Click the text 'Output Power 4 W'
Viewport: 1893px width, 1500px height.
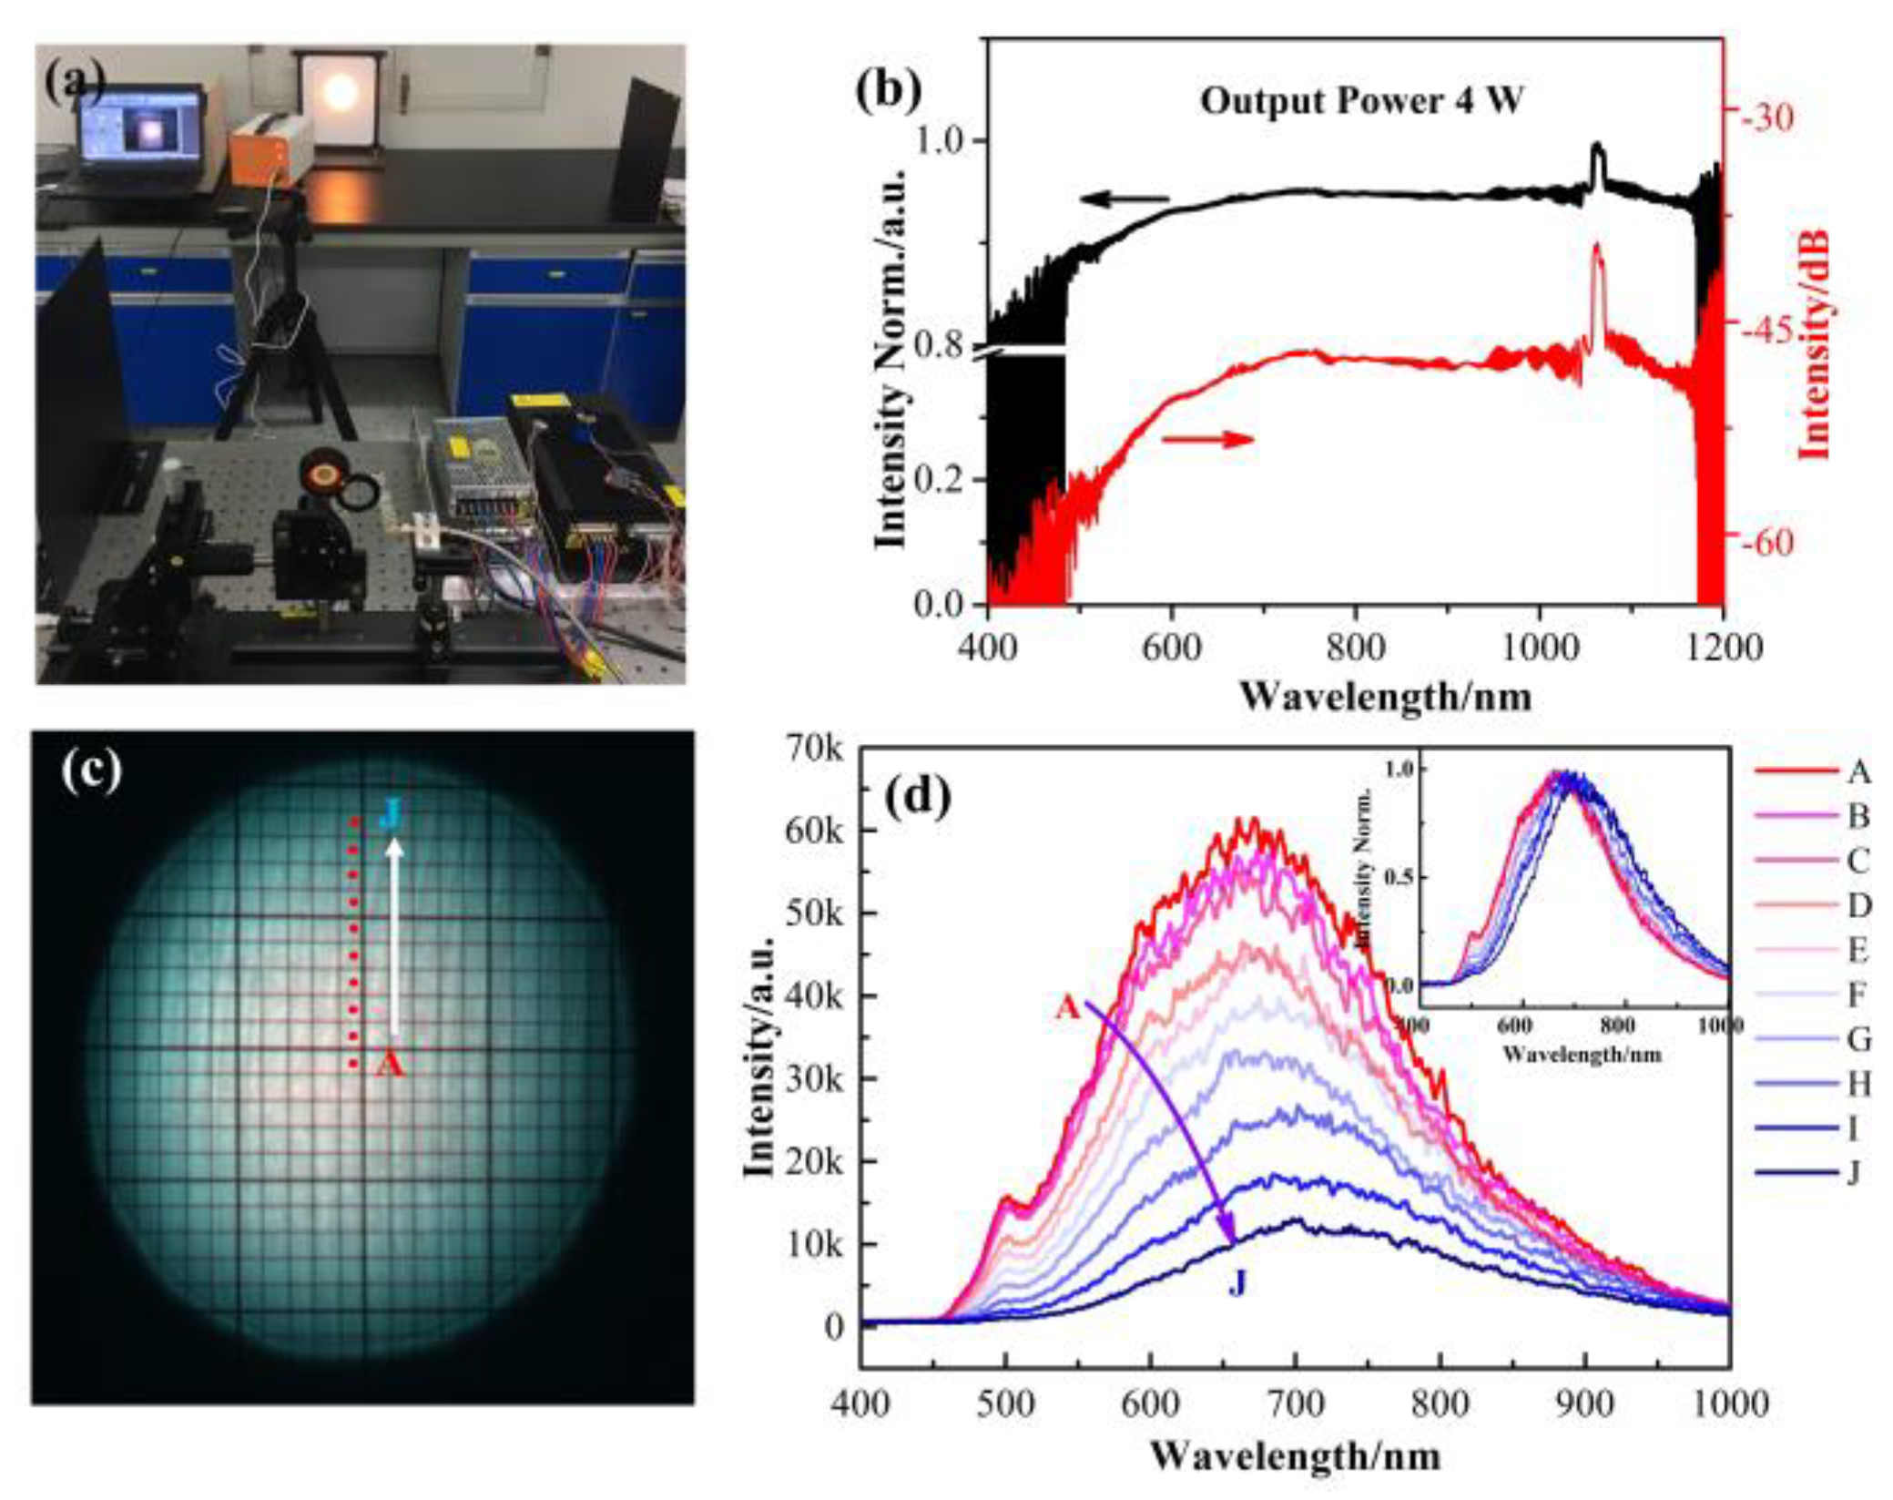tap(1360, 100)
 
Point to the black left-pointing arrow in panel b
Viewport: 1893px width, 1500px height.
tap(1124, 199)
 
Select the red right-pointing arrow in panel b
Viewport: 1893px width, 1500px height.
tap(1207, 440)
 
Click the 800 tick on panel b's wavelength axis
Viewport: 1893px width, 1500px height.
tap(1355, 648)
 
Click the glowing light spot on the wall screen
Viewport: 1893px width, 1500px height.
tap(340, 92)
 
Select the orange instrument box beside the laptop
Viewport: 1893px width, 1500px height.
tap(270, 146)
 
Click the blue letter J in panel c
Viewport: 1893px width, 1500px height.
tap(391, 811)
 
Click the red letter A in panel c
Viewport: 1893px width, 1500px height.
tap(390, 1064)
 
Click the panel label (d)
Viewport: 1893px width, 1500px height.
tap(918, 797)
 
